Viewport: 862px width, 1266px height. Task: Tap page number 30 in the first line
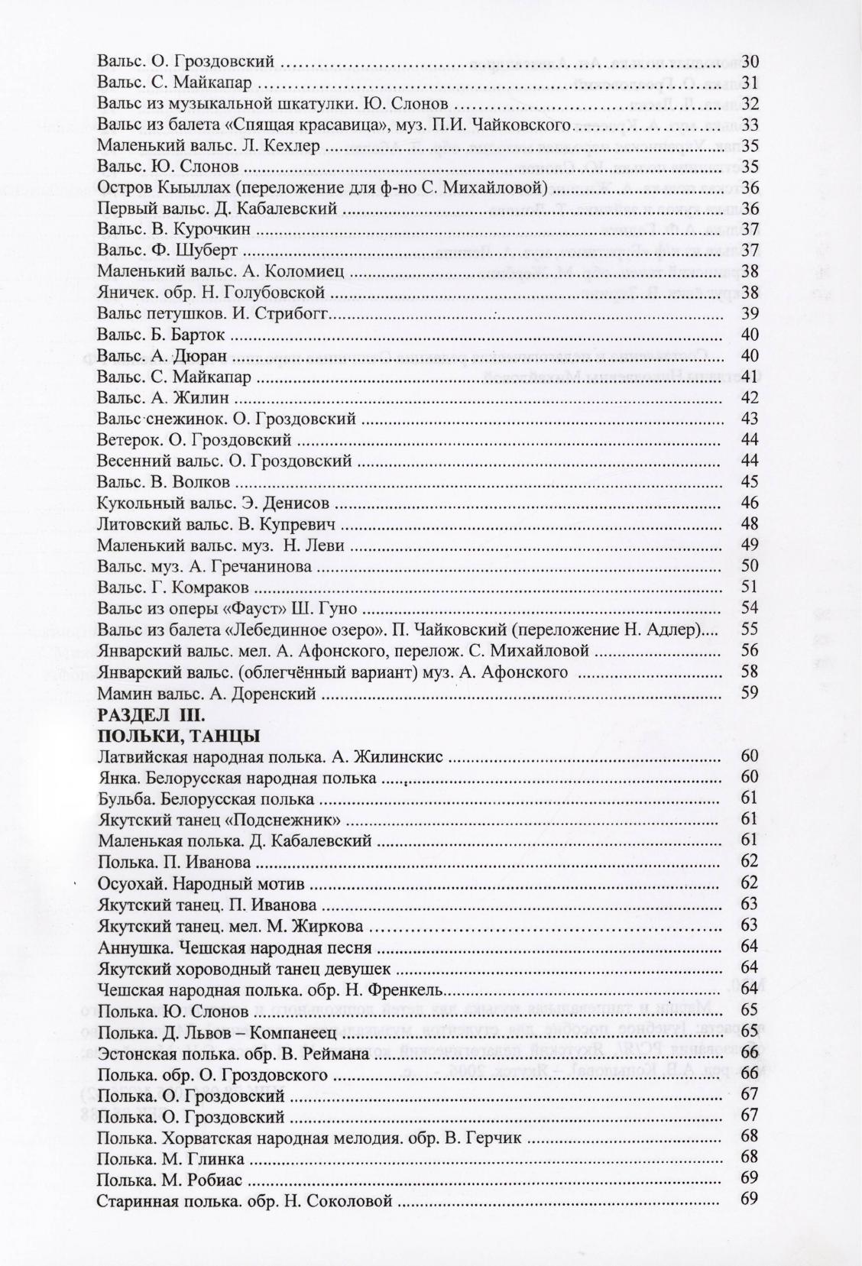(750, 61)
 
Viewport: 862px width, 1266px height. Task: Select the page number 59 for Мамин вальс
(750, 694)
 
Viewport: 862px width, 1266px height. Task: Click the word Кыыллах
(177, 188)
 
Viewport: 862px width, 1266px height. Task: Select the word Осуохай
(130, 885)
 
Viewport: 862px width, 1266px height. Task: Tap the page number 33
(750, 125)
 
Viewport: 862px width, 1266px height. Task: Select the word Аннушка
(128, 948)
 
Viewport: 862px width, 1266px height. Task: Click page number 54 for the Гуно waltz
(750, 608)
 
